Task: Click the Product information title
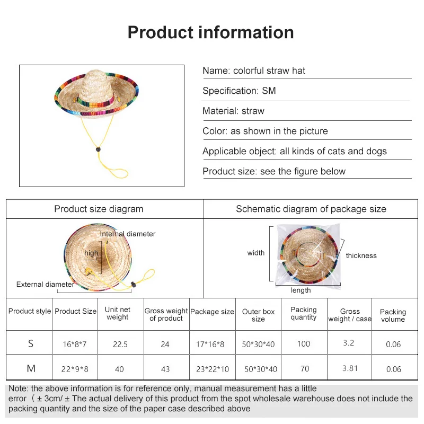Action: (x=211, y=32)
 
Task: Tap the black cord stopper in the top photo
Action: (x=98, y=150)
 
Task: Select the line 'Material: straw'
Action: (x=233, y=111)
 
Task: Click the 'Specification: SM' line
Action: (x=239, y=91)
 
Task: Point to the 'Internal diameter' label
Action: (x=128, y=234)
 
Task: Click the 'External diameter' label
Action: (x=45, y=285)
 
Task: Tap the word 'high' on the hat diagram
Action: (x=91, y=253)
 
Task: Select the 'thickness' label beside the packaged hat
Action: (x=361, y=256)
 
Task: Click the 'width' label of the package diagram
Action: (x=255, y=253)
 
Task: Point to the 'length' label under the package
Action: (x=301, y=290)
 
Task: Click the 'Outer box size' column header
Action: (x=258, y=315)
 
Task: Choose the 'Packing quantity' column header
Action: (x=304, y=313)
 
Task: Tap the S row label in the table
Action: (x=31, y=343)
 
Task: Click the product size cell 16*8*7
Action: (x=74, y=344)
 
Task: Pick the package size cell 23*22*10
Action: (x=212, y=369)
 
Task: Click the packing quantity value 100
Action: (x=304, y=344)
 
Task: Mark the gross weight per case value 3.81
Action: (x=350, y=368)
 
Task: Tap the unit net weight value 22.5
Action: (x=120, y=344)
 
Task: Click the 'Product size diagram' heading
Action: (x=99, y=209)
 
